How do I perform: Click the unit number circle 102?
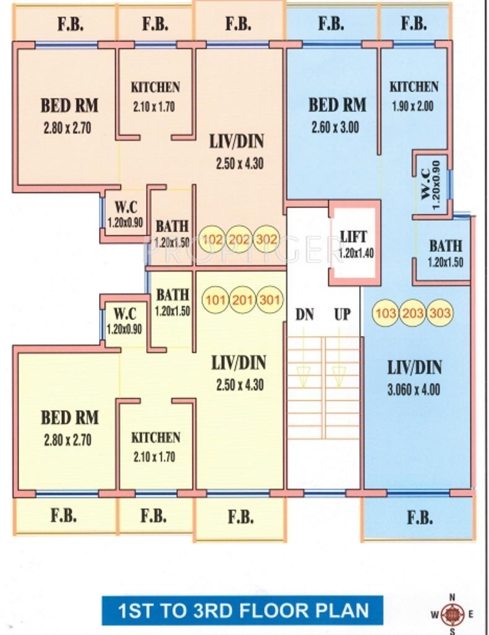pos(213,239)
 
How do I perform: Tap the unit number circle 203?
pos(413,313)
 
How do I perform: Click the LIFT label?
pos(353,236)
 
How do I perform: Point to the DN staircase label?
pos(304,314)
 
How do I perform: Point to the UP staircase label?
pos(342,314)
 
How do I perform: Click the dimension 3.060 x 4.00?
pos(415,390)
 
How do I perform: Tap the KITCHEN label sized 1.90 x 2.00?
pos(413,87)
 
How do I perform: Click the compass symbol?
pos(452,615)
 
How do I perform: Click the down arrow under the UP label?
pos(339,373)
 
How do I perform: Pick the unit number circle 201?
pos(242,300)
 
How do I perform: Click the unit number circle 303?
pos(440,313)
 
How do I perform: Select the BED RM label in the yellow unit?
pos(69,418)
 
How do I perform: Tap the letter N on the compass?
pos(452,597)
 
